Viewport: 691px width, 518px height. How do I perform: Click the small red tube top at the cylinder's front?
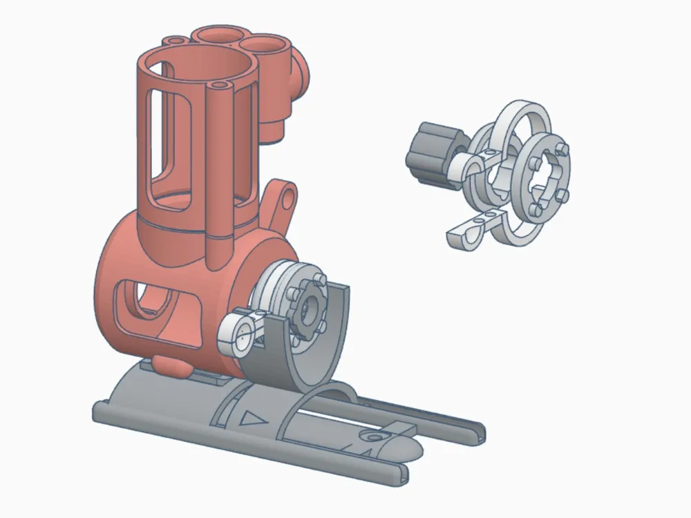(220, 88)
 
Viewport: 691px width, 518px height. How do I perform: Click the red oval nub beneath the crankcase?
(169, 365)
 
